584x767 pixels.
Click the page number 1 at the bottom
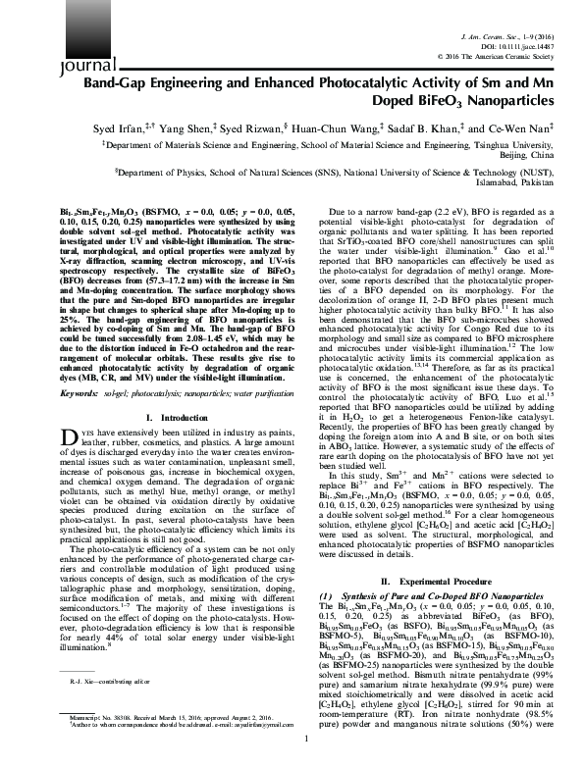click(x=292, y=753)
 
